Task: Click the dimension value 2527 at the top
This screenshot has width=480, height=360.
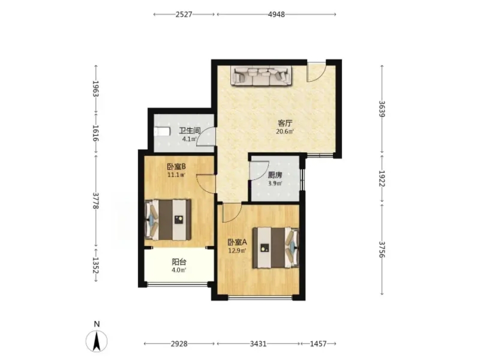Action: [184, 14]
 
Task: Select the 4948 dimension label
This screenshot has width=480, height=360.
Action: [276, 14]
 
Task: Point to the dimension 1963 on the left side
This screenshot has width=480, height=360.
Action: [96, 89]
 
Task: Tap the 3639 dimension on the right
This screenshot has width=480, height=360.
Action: [381, 109]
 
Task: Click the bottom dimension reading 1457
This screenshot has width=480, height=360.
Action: [318, 344]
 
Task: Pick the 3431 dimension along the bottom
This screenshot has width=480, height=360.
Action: [258, 344]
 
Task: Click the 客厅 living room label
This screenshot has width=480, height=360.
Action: [285, 123]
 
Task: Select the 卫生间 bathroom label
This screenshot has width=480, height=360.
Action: [189, 131]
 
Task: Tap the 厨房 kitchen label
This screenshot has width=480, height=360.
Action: [275, 175]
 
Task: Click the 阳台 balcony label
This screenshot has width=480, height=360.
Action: [179, 262]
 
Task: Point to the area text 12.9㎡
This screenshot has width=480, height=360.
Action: [237, 250]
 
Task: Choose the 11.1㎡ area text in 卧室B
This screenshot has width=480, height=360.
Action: [176, 175]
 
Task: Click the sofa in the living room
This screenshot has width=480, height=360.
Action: [261, 75]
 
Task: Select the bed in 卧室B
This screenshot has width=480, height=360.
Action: [167, 219]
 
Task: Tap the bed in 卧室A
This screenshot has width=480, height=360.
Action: [275, 247]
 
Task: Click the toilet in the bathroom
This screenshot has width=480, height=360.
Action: [161, 131]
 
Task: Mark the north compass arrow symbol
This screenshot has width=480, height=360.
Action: [96, 341]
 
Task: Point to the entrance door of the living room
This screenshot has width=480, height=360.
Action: [316, 72]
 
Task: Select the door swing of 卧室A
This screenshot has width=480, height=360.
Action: [231, 213]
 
